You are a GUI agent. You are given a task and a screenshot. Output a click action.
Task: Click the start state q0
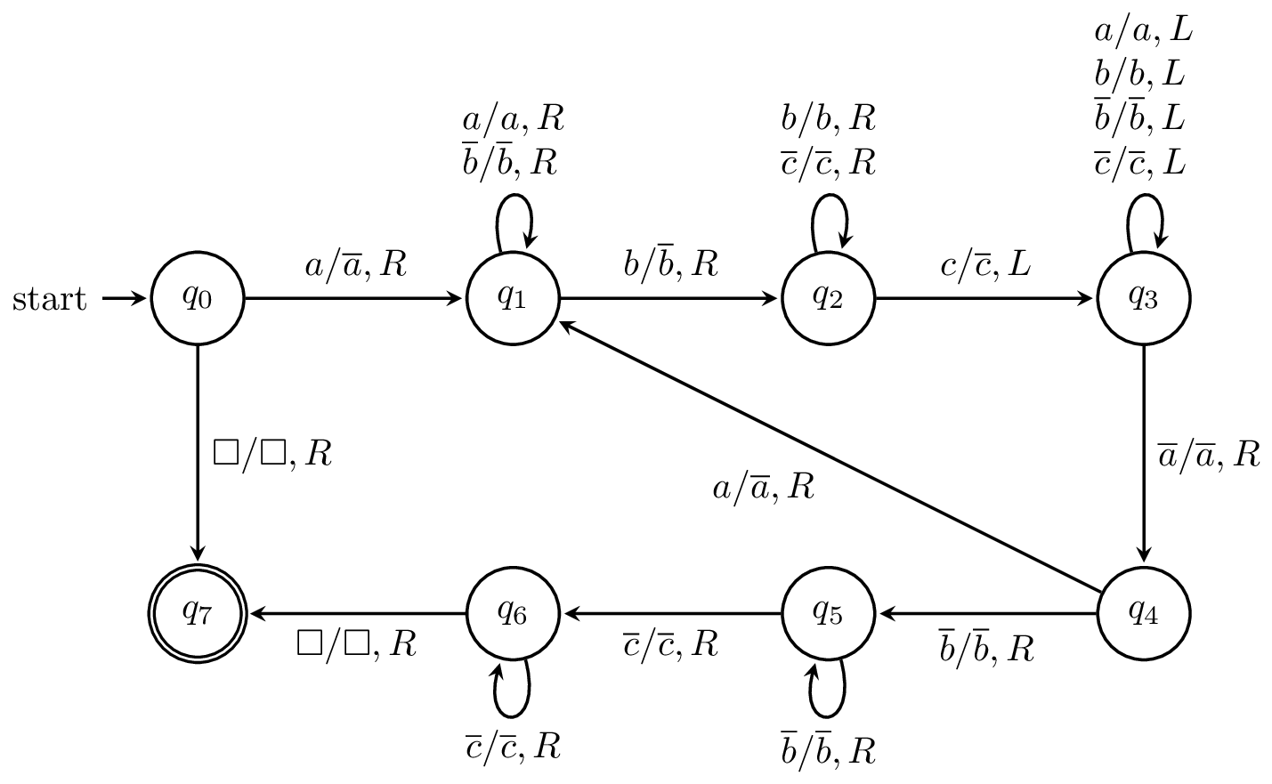198,299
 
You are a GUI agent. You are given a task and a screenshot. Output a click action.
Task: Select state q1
513,299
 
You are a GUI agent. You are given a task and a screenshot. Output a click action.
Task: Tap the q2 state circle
828,299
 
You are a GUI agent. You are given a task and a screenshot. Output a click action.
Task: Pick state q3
1143,299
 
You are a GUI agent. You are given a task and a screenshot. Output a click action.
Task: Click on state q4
1143,613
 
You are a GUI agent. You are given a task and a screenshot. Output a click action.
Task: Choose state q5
828,613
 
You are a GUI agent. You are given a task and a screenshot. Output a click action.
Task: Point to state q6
513,613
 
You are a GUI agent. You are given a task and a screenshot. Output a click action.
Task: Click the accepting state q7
198,613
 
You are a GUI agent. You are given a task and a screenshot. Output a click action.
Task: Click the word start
50,300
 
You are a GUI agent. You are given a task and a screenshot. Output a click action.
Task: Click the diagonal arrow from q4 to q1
828,457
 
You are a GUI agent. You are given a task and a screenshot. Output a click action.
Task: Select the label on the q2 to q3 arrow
985,264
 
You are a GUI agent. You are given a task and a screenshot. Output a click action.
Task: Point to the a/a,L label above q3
1143,33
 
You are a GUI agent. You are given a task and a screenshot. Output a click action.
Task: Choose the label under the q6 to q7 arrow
356,644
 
